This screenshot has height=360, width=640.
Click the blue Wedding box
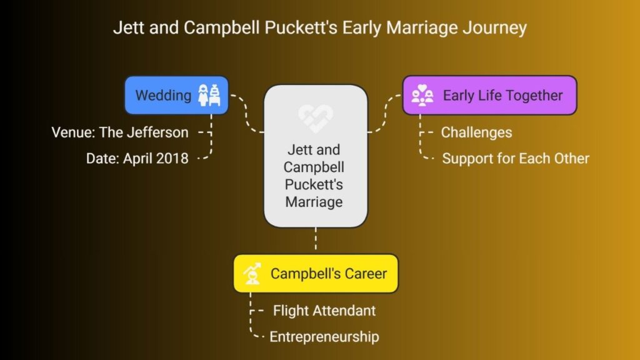pos(176,95)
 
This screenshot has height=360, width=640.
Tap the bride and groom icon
pos(209,95)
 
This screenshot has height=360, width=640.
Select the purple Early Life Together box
pos(489,95)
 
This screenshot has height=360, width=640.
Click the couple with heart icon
pos(422,95)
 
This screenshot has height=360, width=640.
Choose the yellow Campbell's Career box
pos(316,274)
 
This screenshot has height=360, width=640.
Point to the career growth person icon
pos(252,274)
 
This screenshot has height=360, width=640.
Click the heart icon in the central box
pos(316,118)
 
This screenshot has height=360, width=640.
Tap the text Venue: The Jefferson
pos(120,132)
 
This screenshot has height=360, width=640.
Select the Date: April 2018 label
pos(137,158)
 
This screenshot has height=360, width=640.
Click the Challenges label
pos(476,132)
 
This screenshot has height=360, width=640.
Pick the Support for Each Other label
pos(516,158)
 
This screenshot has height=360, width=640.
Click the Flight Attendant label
pos(324,311)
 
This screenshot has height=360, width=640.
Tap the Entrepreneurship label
pos(324,337)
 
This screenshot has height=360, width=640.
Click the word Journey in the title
pos(494,27)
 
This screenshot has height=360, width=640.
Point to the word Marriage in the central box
pos(314,202)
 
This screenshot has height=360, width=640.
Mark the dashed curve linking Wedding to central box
pos(246,114)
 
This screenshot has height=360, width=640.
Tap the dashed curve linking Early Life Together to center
pos(384,114)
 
